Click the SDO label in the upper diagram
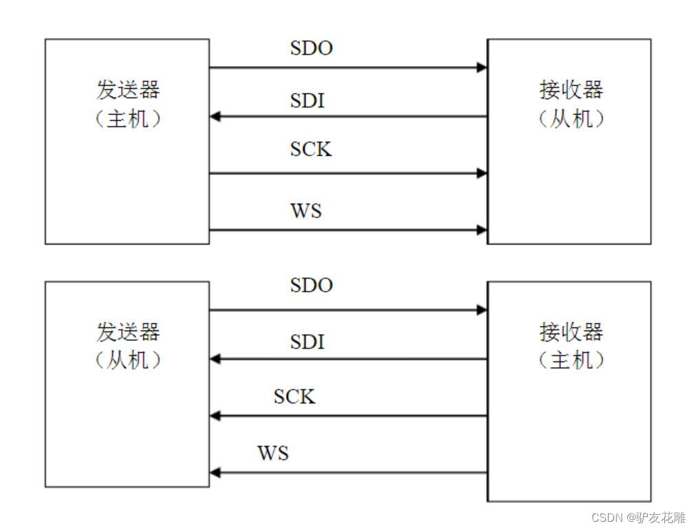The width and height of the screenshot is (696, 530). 311,49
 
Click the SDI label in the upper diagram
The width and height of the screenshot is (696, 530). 307,100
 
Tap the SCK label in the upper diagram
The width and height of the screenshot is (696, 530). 311,149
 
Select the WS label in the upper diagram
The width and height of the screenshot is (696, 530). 306,210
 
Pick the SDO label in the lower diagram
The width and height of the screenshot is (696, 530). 311,285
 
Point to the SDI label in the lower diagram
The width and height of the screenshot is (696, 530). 307,341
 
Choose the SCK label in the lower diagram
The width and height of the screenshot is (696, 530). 294,397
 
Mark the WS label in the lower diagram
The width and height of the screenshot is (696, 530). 273,453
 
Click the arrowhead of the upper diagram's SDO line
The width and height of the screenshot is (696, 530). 482,67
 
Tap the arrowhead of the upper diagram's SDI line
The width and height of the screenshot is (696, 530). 215,116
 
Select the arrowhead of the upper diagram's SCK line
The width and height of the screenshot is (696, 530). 482,173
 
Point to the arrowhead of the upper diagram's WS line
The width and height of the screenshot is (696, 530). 482,230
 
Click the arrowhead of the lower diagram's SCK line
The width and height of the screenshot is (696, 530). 215,416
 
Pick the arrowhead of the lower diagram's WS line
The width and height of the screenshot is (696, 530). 215,473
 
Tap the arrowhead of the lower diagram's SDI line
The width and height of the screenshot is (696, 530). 215,359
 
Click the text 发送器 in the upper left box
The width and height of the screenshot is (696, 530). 127,90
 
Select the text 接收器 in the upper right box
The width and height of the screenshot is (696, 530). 571,90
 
